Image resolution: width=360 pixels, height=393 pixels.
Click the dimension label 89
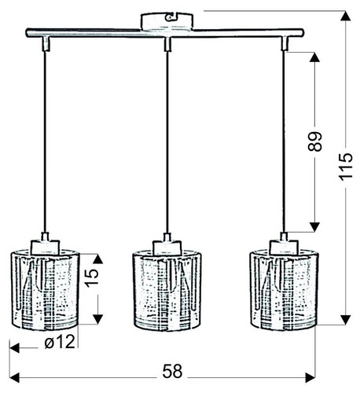(314, 142)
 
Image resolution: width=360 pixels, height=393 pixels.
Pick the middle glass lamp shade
(166, 288)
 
